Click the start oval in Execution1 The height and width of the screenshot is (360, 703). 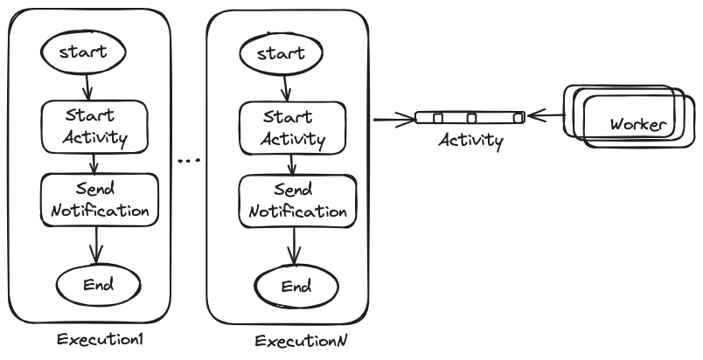[84, 52]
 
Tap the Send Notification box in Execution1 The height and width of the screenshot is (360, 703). [100, 200]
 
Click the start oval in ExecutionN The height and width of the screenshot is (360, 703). [282, 53]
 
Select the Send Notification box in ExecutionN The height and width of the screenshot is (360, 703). [297, 201]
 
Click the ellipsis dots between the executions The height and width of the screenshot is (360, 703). [189, 161]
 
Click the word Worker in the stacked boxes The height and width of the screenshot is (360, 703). [637, 123]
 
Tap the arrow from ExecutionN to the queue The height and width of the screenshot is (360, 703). [392, 118]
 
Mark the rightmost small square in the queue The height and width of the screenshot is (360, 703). [518, 118]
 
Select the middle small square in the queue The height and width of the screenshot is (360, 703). [471, 118]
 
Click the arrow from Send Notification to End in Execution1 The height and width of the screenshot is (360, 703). [98, 242]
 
